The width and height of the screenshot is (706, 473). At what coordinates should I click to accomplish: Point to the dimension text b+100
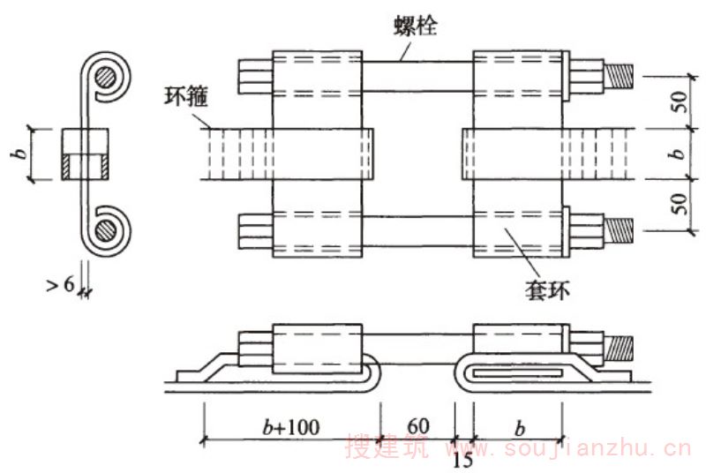coord(291,427)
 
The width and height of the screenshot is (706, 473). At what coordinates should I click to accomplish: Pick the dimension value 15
coord(462,460)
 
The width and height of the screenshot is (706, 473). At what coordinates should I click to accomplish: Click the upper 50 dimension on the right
coord(677,101)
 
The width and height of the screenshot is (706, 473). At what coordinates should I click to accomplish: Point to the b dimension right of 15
coord(519,427)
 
